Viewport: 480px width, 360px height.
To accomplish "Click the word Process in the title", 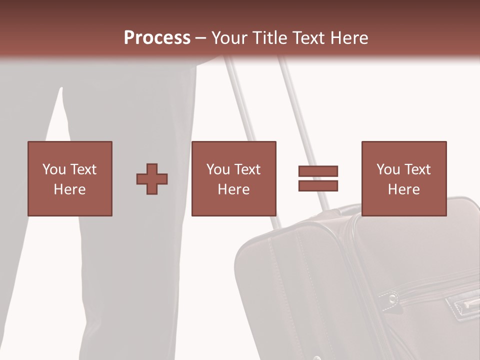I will (x=157, y=38).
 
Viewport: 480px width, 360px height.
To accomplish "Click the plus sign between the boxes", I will (x=152, y=178).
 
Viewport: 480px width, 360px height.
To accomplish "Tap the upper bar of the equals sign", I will (x=318, y=171).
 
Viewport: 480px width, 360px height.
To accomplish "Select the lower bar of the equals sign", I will (x=318, y=186).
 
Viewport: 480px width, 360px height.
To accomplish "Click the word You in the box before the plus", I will (x=54, y=169).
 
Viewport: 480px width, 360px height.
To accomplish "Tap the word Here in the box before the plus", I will (x=70, y=189).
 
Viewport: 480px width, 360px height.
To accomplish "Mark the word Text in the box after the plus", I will (x=247, y=169).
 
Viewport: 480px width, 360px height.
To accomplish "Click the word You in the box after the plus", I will (x=218, y=169).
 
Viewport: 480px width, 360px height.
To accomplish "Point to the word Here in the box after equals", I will (x=404, y=189).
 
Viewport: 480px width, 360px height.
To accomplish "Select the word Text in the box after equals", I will (x=417, y=169).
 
